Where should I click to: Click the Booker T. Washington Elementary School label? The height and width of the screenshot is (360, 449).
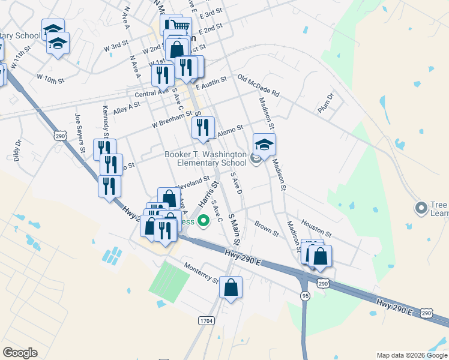[x=205, y=158]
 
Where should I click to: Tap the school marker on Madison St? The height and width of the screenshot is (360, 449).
[x=264, y=145]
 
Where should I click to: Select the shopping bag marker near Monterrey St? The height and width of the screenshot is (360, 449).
[x=231, y=288]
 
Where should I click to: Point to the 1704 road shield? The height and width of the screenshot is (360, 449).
[x=206, y=321]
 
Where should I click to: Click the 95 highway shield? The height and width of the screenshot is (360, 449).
[x=305, y=295]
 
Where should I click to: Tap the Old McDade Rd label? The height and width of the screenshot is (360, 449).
[x=259, y=86]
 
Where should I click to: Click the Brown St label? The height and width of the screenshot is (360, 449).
[x=267, y=229]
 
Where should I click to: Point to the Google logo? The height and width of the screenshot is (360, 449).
[x=20, y=353]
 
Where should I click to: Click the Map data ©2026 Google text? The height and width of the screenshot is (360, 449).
[x=412, y=355]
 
